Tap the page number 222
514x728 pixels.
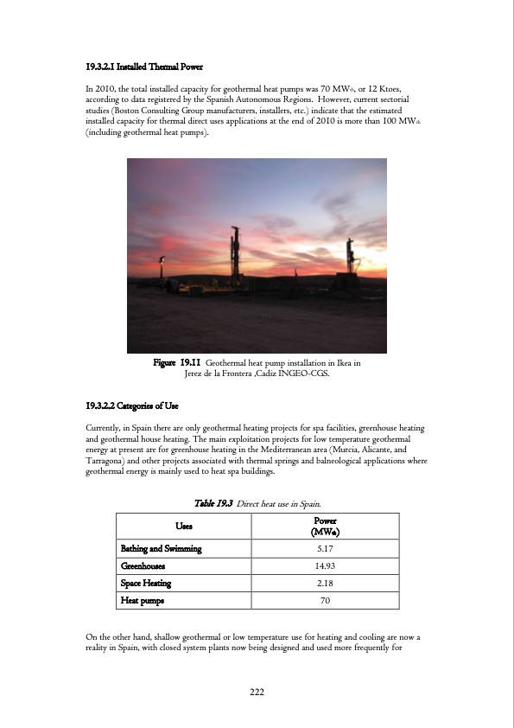pos(257,692)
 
